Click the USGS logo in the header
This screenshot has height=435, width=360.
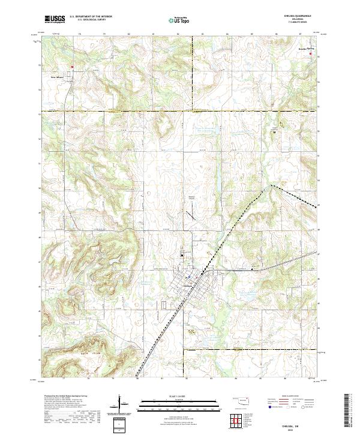pos(54,19)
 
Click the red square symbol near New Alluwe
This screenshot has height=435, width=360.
pos(72,67)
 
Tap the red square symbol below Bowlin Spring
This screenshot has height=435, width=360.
pos(311,54)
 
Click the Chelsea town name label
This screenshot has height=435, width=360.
pos(187,285)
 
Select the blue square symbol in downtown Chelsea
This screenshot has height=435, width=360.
pos(188,277)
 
